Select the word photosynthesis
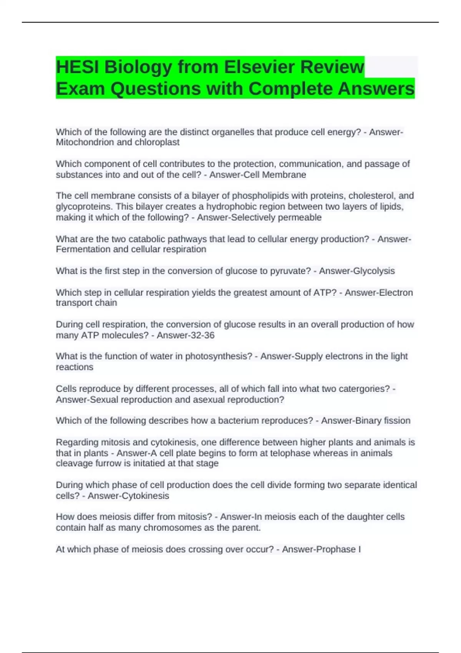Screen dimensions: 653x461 pos(219,356)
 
